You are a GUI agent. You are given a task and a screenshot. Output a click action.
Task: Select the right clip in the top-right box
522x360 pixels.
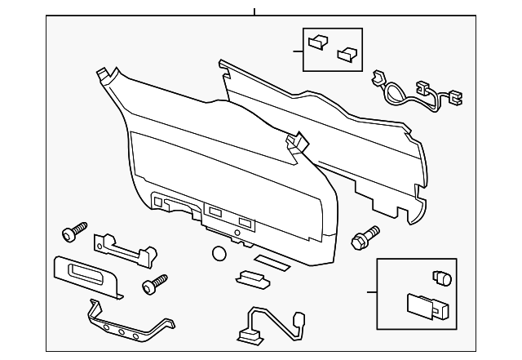point(348,53)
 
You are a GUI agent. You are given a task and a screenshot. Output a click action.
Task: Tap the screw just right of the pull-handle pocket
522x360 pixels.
point(152,285)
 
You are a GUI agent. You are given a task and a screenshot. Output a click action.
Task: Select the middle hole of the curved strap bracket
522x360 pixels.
point(122,330)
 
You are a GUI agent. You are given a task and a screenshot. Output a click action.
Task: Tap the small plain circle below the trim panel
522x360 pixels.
point(219,254)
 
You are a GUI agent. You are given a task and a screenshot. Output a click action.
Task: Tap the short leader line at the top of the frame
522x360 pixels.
point(254,12)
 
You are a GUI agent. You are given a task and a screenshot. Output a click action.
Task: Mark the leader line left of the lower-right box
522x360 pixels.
point(371,291)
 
